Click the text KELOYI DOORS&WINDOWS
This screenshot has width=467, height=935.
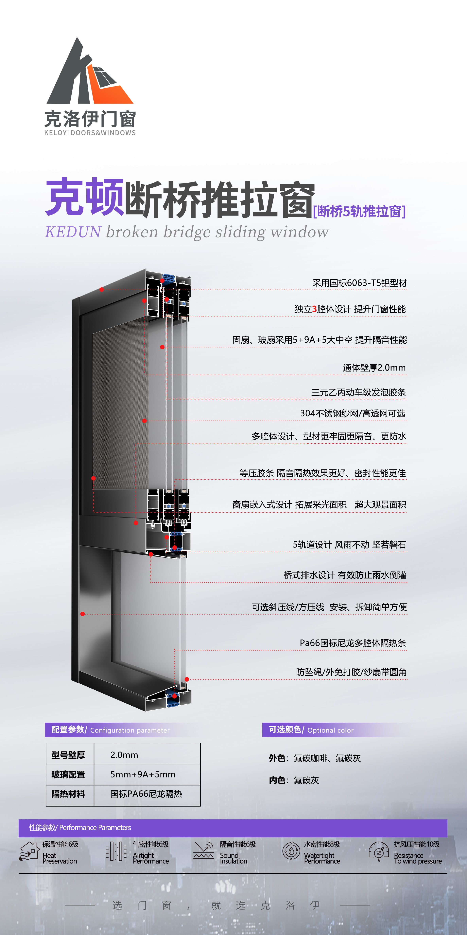coord(90,133)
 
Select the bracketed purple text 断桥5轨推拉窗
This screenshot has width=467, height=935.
coord(359,211)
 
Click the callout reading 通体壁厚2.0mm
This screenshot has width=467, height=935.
coord(374,368)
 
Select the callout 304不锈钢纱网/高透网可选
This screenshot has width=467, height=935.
coord(353,413)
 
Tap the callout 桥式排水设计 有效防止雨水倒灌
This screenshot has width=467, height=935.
coord(345,575)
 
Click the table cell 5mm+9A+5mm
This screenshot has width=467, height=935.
coord(143,774)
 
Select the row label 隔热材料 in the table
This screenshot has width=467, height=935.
coord(68,794)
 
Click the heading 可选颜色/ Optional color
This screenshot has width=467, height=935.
coord(311,730)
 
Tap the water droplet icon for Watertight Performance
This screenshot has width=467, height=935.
coord(291,851)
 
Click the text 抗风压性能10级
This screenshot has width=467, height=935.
coord(417,844)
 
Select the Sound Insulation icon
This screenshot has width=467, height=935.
coord(204,851)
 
